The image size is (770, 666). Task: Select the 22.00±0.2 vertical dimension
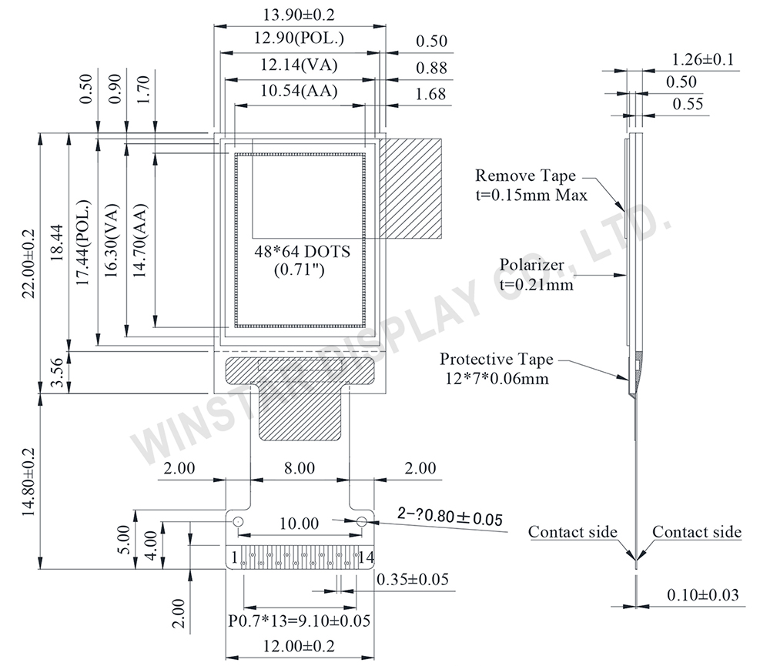tap(29, 263)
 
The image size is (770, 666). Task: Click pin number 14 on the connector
tap(366, 556)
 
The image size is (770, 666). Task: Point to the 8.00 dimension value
tap(300, 468)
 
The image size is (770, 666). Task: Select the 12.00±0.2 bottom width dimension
tap(300, 647)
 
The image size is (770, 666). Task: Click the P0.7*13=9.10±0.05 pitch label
tap(299, 621)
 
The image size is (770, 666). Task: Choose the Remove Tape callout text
tap(525, 176)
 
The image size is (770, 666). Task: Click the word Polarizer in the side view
tap(531, 266)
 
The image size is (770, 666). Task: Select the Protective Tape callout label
tap(497, 360)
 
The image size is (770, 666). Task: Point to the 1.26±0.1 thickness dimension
tap(702, 59)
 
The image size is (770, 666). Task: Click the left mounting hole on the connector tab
tap(238, 521)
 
